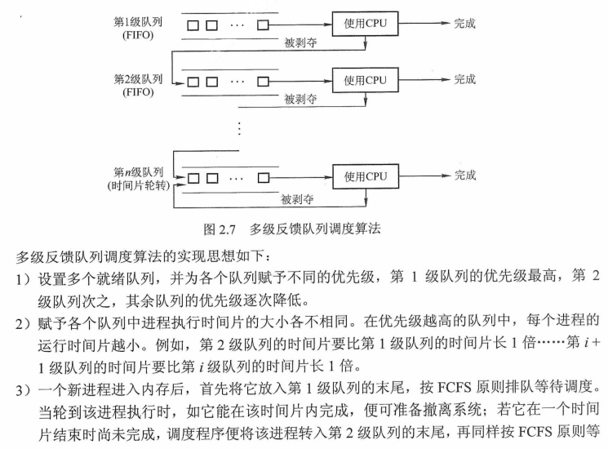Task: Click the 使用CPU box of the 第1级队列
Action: (365, 25)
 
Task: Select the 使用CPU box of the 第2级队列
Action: (365, 81)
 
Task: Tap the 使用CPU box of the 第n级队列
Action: (365, 176)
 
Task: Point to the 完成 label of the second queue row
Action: (464, 80)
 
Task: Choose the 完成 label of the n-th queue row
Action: (464, 176)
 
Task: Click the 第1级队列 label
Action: (139, 19)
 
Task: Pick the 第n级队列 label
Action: (139, 173)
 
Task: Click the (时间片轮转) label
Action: (138, 187)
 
